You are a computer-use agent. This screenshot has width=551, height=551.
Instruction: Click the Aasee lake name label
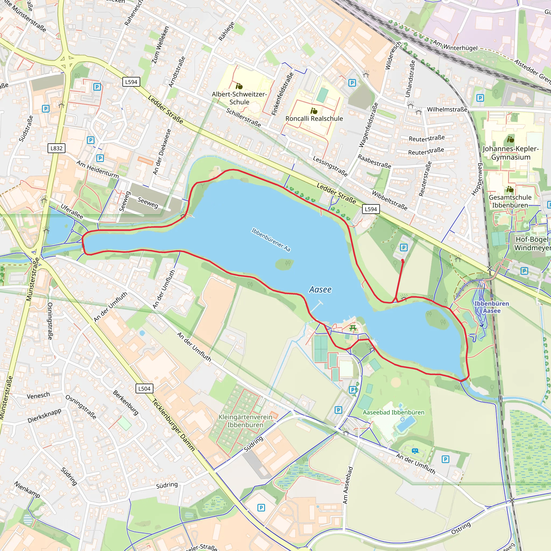point(320,289)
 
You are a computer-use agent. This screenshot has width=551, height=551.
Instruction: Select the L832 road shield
point(56,148)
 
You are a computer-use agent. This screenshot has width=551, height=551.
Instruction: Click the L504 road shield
point(144,388)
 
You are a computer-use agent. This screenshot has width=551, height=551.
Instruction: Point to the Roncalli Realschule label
point(314,118)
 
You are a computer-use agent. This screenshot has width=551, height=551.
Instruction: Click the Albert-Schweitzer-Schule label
point(239,98)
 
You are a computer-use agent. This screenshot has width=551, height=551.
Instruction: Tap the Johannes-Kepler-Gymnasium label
point(510,153)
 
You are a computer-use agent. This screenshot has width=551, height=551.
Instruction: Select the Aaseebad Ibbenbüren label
point(393,412)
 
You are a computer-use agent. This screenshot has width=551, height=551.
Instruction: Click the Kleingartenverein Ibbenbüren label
point(245,421)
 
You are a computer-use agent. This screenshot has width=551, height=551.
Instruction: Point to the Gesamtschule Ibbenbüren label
point(510,201)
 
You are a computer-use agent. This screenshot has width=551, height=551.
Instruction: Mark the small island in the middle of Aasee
point(284,264)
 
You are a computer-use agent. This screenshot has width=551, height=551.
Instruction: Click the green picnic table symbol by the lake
point(353,328)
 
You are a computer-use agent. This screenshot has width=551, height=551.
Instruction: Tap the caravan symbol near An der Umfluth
point(415,451)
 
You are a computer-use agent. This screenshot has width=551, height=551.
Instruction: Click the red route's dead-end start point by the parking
point(402,261)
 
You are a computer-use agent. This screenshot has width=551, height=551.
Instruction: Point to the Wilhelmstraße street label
point(447,110)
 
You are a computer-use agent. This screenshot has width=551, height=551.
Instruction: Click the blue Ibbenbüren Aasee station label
point(491,307)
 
